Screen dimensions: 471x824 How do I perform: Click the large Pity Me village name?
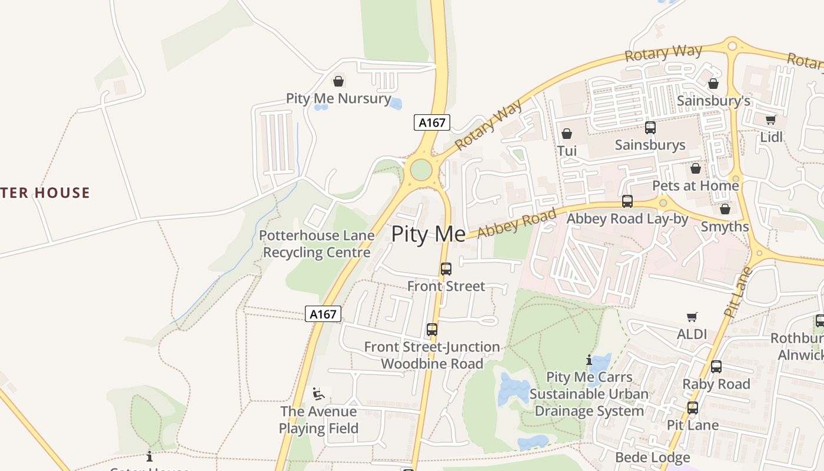[428, 234]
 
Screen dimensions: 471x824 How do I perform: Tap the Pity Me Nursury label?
[338, 98]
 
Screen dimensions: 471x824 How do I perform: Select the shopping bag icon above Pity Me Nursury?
[338, 81]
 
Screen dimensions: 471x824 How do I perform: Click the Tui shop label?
[567, 151]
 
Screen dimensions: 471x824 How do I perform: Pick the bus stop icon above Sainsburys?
[650, 128]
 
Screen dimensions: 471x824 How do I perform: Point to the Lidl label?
[771, 137]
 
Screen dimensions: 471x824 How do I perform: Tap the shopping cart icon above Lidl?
[771, 120]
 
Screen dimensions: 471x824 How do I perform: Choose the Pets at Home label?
[695, 186]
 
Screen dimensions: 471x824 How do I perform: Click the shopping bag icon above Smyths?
[725, 210]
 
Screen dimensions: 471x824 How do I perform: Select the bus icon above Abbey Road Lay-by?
[627, 201]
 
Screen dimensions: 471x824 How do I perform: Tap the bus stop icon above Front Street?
[446, 269]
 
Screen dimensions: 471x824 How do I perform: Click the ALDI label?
[692, 334]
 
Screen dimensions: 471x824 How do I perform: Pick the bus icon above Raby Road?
[716, 367]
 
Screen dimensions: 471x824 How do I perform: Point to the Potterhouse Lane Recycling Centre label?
[317, 244]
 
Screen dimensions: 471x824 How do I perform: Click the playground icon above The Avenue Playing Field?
[318, 394]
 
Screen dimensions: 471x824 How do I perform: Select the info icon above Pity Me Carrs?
[589, 360]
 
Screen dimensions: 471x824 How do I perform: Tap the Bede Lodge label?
[652, 457]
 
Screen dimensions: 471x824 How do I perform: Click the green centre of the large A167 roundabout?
[421, 170]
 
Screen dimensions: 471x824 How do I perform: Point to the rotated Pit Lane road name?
[739, 292]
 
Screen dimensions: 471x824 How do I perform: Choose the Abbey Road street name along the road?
[516, 224]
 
